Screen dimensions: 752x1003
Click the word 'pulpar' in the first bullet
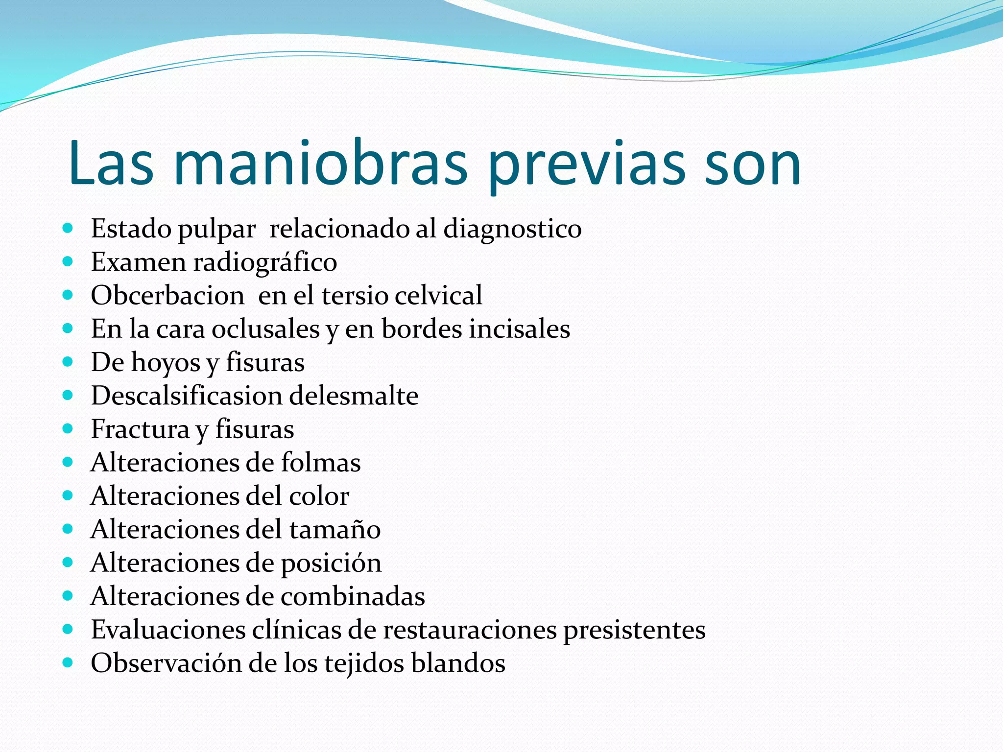tap(216, 229)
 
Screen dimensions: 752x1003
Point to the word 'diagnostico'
tap(512, 229)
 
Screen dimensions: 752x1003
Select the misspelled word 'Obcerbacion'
tap(167, 296)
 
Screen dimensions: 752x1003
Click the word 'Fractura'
tap(140, 429)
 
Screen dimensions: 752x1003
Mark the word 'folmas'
tap(321, 463)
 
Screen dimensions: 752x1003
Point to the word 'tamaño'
tap(334, 530)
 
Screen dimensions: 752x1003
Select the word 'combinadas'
tap(353, 596)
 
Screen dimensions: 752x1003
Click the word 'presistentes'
tap(634, 630)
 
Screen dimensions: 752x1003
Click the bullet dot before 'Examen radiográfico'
tap(68, 261)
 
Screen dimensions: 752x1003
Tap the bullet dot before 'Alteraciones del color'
tap(68, 495)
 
